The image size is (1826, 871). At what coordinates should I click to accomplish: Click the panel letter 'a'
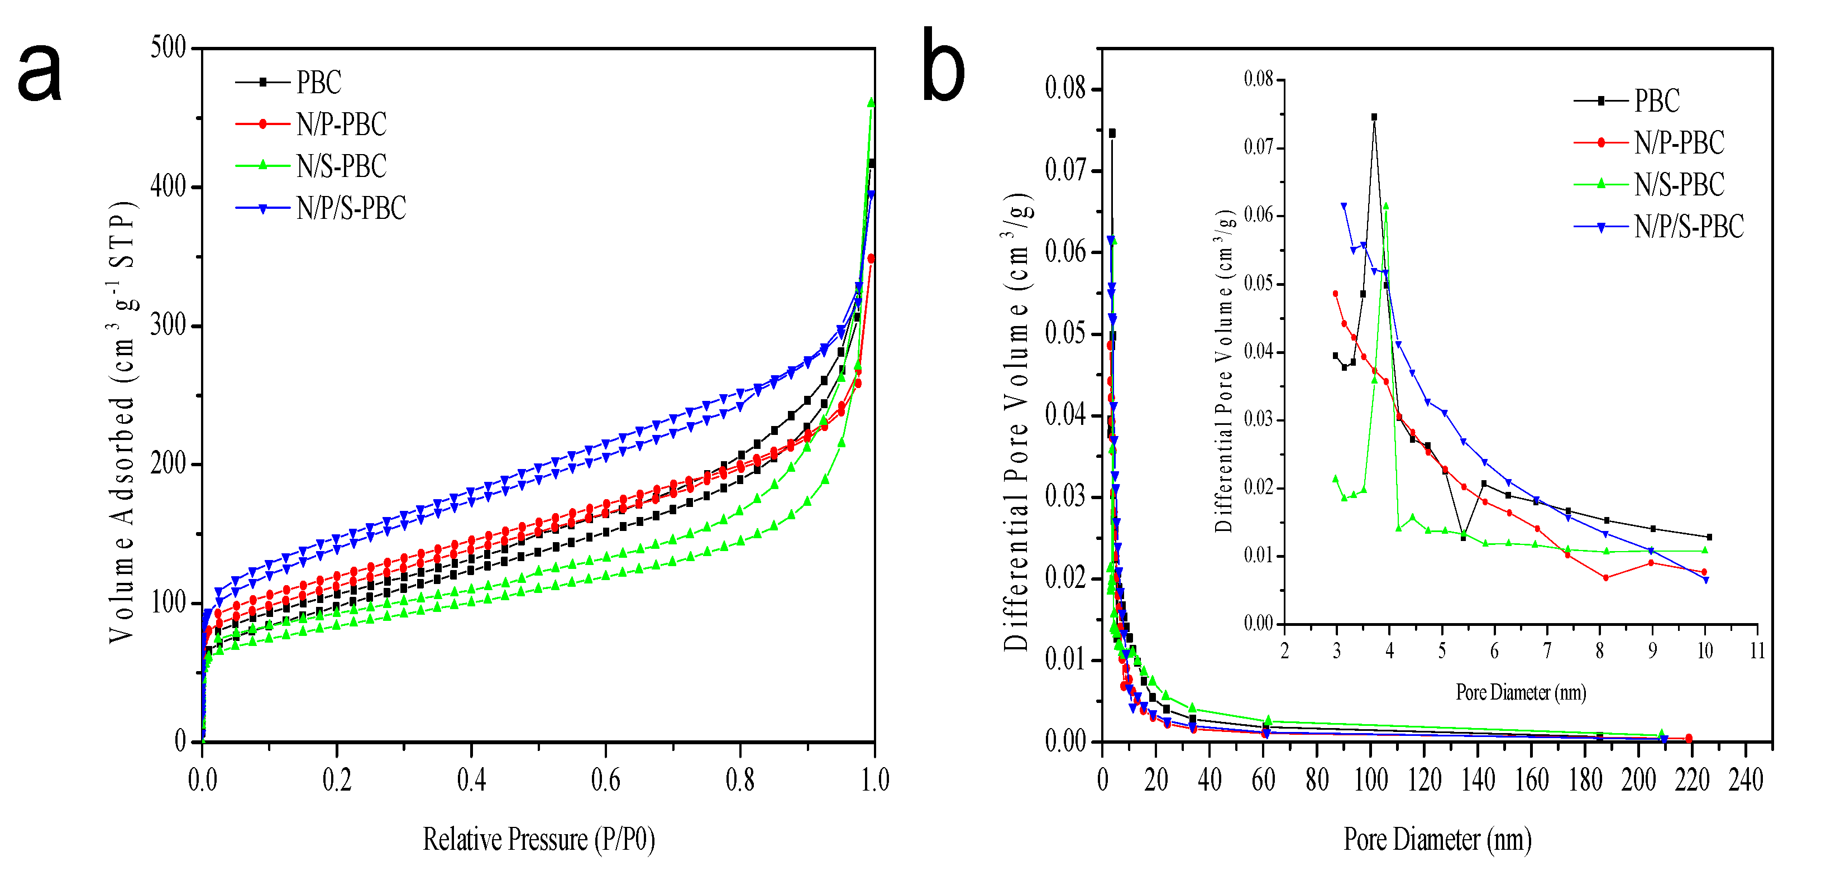[x=40, y=71]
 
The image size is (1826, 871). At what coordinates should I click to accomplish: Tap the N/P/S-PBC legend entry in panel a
[x=351, y=208]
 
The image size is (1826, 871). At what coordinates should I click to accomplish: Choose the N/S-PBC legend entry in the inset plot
[x=1679, y=185]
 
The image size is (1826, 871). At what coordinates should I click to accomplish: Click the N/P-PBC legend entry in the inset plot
[x=1679, y=143]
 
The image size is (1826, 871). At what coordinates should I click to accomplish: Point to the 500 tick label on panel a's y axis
[x=168, y=48]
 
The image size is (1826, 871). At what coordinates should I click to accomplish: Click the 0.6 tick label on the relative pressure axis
[x=605, y=781]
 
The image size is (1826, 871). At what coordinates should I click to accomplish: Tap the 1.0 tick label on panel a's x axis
[x=874, y=781]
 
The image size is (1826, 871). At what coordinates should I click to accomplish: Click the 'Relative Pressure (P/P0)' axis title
[x=539, y=840]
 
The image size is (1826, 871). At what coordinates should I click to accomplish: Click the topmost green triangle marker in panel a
[x=871, y=103]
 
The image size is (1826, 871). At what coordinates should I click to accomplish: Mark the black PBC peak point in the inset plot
[x=1374, y=117]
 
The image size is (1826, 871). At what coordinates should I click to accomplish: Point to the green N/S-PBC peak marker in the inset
[x=1386, y=206]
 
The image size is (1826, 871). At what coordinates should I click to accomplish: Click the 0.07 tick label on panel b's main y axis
[x=1065, y=170]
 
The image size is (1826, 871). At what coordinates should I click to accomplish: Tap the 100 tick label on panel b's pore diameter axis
[x=1370, y=781]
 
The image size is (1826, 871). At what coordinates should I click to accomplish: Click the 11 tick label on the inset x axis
[x=1757, y=650]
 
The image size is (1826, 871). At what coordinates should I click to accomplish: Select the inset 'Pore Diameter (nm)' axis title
[x=1521, y=692]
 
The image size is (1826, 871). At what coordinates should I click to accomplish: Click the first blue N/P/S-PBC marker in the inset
[x=1344, y=206]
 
